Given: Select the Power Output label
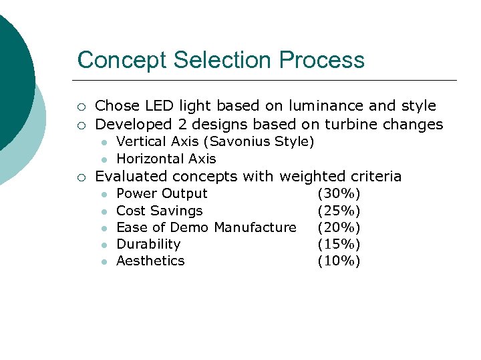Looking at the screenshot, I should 162,193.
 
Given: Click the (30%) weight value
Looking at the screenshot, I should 339,193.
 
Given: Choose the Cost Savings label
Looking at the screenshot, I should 159,211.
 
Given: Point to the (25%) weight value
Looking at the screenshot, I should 339,211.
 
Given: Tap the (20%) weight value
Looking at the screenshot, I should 339,227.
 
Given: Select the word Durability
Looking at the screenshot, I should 148,244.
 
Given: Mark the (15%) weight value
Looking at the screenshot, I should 339,244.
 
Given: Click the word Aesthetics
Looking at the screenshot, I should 150,261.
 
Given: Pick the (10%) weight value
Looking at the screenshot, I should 339,261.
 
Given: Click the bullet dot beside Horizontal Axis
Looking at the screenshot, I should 104,159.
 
